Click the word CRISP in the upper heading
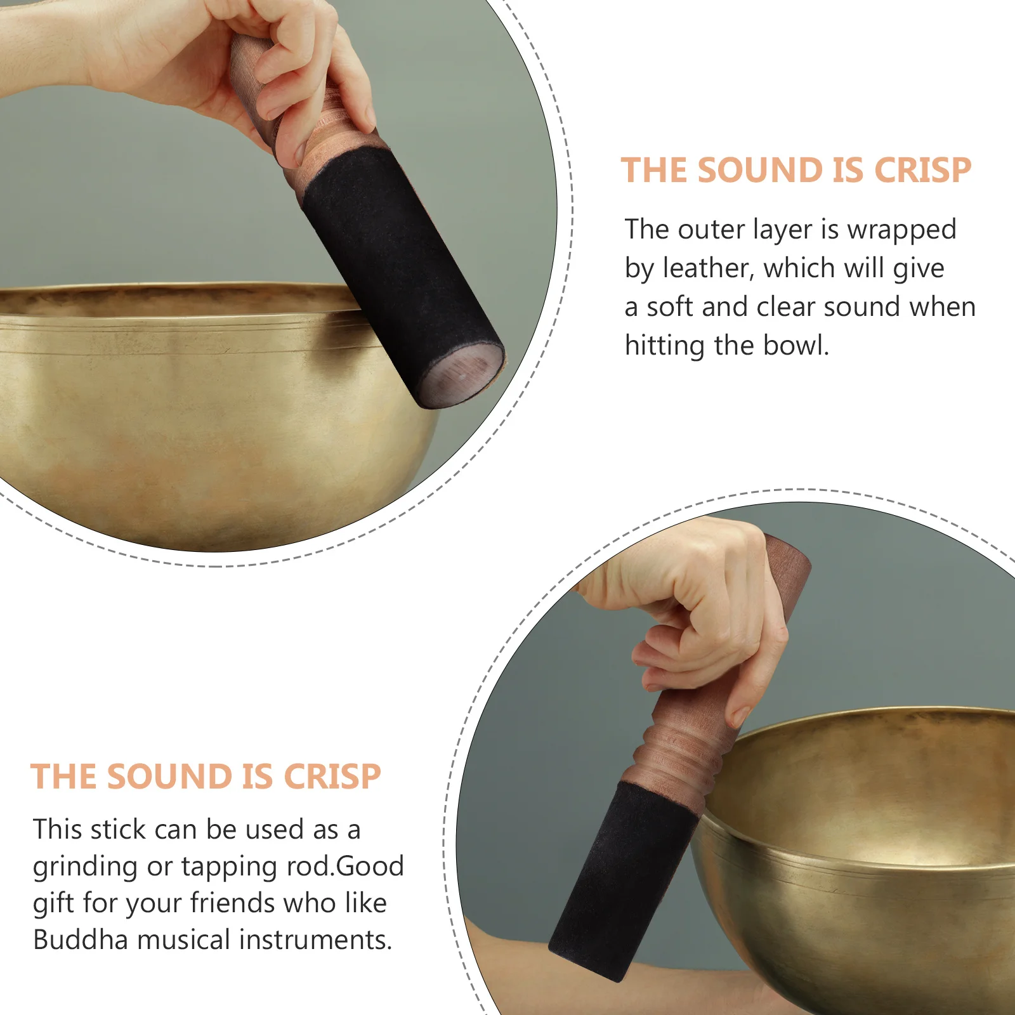(922, 171)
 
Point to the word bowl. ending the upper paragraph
(796, 346)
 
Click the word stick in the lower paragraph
(119, 830)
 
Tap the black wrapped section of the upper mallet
(393, 266)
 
